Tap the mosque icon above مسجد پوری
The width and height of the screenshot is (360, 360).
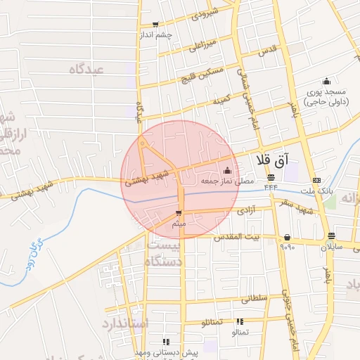point(326,81)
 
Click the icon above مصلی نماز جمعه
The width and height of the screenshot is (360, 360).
point(226,170)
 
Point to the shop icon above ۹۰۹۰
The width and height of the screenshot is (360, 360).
point(288,237)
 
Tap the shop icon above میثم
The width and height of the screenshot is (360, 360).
point(179,213)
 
